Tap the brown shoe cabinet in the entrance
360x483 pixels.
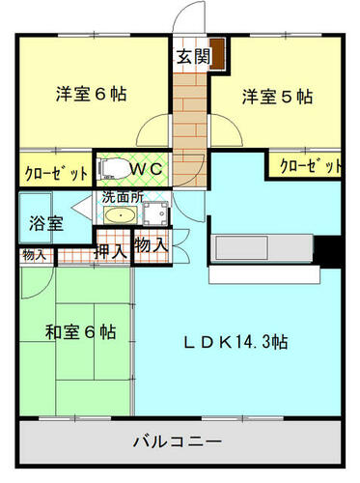217,53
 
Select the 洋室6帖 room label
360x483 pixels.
92,94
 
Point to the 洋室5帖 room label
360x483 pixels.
277,97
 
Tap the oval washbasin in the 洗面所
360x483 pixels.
121,215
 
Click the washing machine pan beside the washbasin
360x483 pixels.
155,213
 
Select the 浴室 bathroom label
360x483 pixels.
46,223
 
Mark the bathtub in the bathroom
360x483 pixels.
36,217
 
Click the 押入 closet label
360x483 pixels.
110,251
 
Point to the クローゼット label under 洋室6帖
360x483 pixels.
56,173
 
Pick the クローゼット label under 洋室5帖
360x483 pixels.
311,166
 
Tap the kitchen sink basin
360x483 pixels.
242,247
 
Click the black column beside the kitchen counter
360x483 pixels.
327,251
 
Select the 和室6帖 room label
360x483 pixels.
80,332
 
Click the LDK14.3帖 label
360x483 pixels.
235,342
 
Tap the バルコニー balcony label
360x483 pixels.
178,440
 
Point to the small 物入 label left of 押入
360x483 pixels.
34,256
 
